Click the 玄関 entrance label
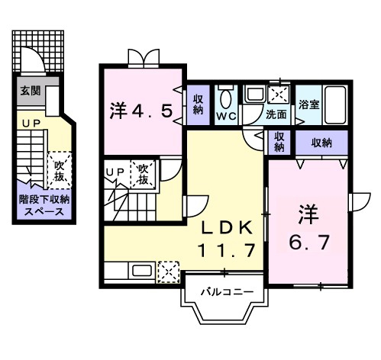point(31,91)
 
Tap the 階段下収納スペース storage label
point(44,206)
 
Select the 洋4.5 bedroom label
point(142,111)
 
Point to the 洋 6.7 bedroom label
point(309,228)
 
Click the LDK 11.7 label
point(227,239)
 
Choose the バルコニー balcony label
point(227,291)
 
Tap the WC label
point(226,116)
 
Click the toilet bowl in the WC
point(227,99)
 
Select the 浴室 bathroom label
point(308,104)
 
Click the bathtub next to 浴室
point(335,105)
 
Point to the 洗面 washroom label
point(276,114)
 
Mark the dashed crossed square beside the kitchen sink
point(169,272)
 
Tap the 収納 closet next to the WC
point(198,104)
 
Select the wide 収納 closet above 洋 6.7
point(321,143)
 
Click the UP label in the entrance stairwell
point(31,124)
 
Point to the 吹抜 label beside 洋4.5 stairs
point(143,174)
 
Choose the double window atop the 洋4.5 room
point(144,58)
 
